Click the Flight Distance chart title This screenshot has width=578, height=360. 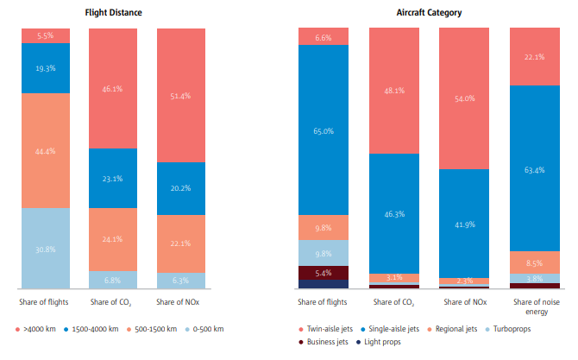(x=114, y=13)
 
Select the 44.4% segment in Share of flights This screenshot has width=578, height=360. (x=46, y=150)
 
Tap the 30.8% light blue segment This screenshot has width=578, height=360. (x=46, y=249)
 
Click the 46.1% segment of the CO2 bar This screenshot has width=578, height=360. (x=113, y=88)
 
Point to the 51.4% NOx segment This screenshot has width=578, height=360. (x=180, y=95)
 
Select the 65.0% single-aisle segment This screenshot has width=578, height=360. (x=324, y=129)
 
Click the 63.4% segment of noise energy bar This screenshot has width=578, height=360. (x=534, y=168)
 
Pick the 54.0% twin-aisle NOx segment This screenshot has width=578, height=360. (x=464, y=98)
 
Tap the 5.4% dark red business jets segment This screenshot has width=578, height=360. (x=324, y=272)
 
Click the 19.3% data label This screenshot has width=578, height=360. (x=46, y=66)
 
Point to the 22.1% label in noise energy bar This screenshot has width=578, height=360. (x=534, y=57)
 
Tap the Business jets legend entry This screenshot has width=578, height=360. (x=326, y=343)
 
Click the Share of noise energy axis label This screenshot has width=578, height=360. (x=534, y=306)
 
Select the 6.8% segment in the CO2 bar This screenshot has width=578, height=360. (x=113, y=280)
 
